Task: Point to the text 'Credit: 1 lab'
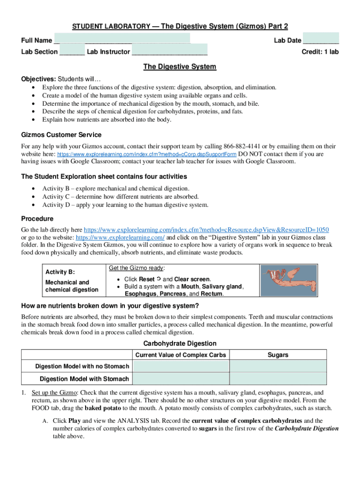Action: pyautogui.click(x=320, y=52)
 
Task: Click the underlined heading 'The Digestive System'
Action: pyautogui.click(x=180, y=67)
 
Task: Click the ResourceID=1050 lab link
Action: pyautogui.click(x=206, y=230)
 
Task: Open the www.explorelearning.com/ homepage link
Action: pyautogui.click(x=120, y=237)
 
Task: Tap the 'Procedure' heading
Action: pyautogui.click(x=37, y=218)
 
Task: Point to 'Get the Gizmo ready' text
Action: pyautogui.click(x=137, y=269)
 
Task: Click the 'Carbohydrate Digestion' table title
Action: pyautogui.click(x=180, y=343)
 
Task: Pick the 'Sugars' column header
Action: pyautogui.click(x=278, y=355)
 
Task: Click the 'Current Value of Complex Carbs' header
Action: pyautogui.click(x=180, y=355)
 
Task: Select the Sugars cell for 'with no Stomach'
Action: pyautogui.click(x=278, y=366)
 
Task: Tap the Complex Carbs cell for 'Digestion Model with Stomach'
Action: pyautogui.click(x=180, y=378)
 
